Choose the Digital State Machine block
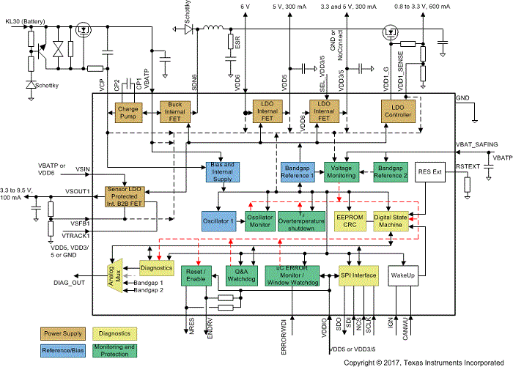point(391,222)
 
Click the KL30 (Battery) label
point(24,22)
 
